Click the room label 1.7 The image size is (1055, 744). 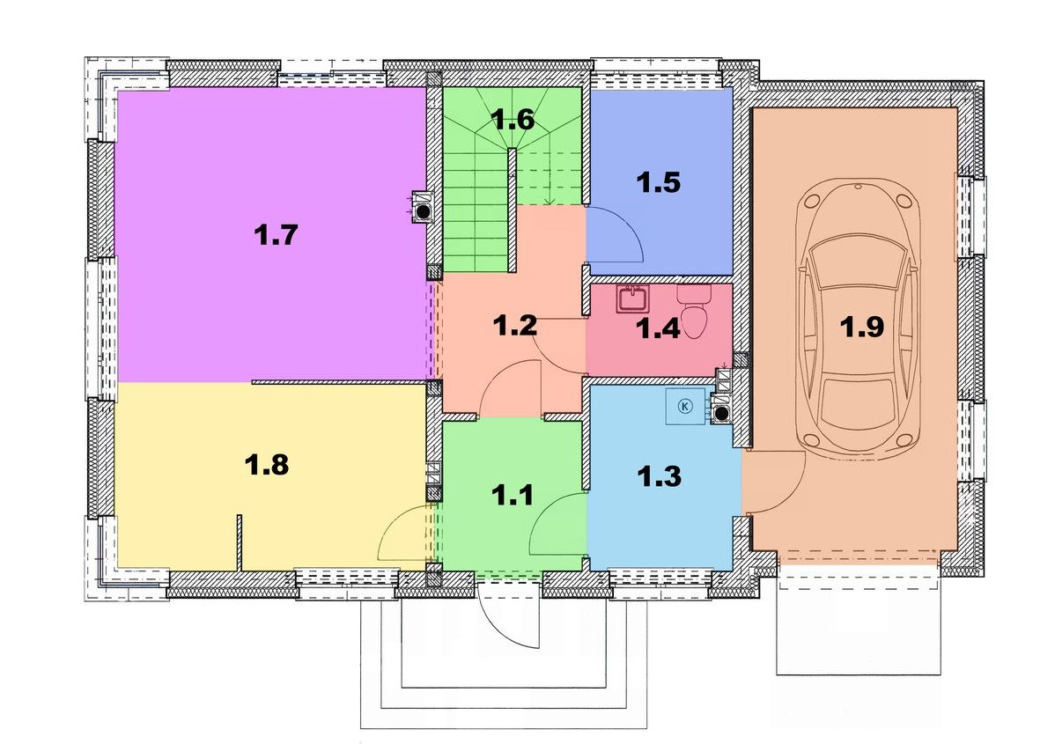click(x=276, y=235)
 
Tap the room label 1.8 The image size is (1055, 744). click(x=267, y=464)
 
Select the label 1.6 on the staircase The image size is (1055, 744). click(x=513, y=119)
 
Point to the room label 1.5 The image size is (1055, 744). click(x=659, y=182)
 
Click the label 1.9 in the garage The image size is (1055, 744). click(x=862, y=327)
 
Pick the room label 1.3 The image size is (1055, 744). click(x=659, y=476)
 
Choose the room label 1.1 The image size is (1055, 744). click(x=512, y=496)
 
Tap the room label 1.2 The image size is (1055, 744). click(x=514, y=326)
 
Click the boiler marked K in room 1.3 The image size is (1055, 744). click(x=686, y=406)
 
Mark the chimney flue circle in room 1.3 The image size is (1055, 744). click(x=723, y=414)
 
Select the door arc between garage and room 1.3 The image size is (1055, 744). click(x=791, y=495)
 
